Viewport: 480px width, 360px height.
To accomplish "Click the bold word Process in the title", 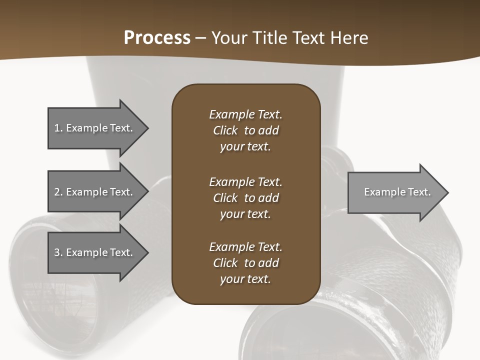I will (157, 38).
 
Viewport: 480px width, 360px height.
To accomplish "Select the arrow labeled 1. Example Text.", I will (95, 128).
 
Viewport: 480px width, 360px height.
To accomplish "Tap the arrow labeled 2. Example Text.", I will (95, 192).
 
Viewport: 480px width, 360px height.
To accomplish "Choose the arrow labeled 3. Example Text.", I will (95, 252).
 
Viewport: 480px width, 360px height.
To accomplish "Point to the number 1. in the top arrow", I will (58, 128).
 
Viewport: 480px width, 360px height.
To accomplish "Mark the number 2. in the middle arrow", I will (58, 192).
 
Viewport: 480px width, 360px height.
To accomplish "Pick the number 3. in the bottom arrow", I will (58, 252).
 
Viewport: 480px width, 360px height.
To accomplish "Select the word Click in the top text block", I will (225, 130).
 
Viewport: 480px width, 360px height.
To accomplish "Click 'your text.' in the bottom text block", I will (245, 279).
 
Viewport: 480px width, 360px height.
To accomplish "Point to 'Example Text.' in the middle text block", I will (245, 182).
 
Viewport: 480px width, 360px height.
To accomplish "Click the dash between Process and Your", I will (201, 38).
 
